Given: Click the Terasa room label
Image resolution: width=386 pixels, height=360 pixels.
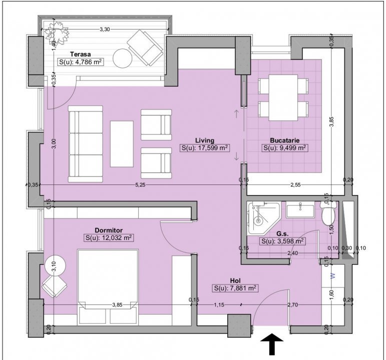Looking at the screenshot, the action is [80, 54].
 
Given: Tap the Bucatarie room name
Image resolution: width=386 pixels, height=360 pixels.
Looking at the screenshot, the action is [285, 140].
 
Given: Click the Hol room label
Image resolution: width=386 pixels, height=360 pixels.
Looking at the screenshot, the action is [235, 280].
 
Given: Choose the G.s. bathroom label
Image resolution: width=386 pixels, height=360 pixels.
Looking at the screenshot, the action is [282, 234].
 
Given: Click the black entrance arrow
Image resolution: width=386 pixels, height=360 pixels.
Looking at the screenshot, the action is [272, 344].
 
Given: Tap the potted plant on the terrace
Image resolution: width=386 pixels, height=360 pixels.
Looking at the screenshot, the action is [57, 31].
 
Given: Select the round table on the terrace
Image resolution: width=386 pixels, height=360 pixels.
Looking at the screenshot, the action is [123, 58].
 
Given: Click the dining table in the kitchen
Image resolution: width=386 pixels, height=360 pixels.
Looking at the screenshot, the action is [283, 97].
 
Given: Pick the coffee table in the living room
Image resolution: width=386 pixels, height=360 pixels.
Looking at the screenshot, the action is [122, 144].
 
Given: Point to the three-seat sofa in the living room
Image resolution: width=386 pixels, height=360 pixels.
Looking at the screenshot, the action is [85, 144].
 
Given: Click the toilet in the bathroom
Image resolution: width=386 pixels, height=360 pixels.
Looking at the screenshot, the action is [328, 212].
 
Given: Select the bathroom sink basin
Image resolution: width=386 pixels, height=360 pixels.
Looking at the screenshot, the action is [300, 210].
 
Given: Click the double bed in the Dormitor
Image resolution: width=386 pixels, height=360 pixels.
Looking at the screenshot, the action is [108, 286].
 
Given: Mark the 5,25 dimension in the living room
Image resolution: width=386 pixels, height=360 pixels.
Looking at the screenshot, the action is [140, 185].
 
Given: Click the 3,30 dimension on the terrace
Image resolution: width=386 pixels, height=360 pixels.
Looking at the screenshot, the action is [105, 29].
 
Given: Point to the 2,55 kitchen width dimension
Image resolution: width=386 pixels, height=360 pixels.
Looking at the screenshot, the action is [295, 185].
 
